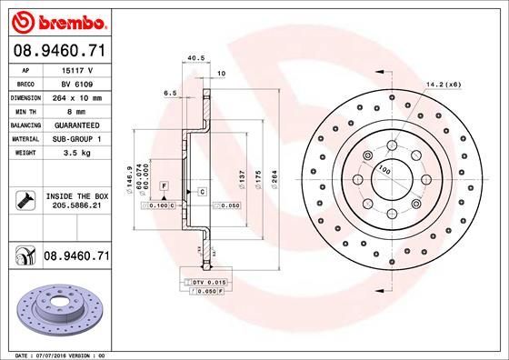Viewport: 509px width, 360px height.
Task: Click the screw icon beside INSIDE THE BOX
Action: pyautogui.click(x=25, y=200)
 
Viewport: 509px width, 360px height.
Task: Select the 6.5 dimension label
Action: pyautogui.click(x=170, y=93)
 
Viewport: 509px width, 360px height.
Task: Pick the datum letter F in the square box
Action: pyautogui.click(x=165, y=185)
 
